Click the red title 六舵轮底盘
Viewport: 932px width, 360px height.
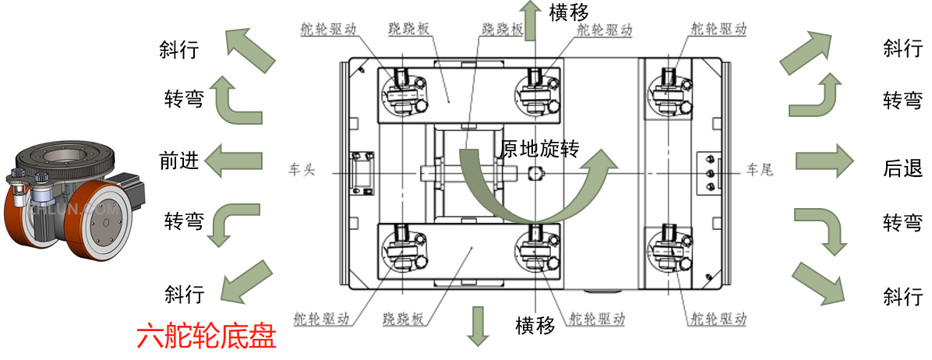point(207,337)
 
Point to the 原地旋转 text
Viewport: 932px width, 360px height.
point(539,149)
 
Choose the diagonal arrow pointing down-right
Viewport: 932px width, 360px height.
point(819,281)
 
